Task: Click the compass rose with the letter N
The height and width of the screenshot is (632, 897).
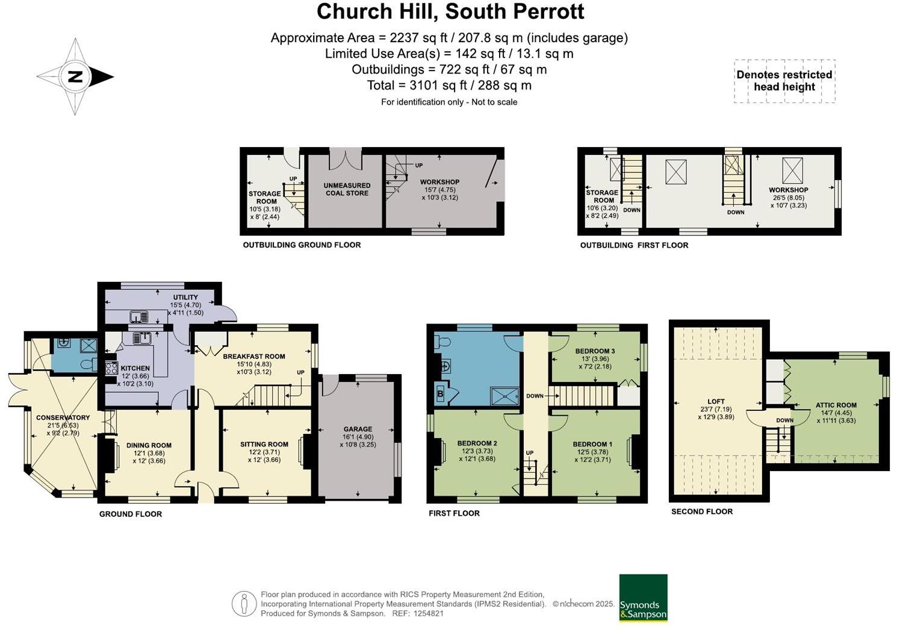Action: coord(75,77)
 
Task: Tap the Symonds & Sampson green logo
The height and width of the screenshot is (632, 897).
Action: coord(643,598)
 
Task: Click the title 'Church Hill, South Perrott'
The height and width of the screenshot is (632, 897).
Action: coord(450,12)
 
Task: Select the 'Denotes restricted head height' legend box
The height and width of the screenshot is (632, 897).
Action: coord(784,81)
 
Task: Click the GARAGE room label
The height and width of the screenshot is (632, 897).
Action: coord(358,430)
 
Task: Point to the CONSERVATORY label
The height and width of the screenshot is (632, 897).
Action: coord(63,418)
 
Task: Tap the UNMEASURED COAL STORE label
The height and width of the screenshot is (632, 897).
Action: coord(347,189)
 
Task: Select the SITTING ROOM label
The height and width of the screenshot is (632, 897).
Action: coord(264,445)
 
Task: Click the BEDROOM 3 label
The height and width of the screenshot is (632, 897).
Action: coord(595,351)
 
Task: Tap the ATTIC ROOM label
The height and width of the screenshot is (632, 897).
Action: coord(836,405)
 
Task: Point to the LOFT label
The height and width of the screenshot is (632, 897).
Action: coord(716,401)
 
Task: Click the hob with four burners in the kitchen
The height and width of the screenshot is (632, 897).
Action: coord(111,368)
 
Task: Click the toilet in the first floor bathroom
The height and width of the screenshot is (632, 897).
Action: coord(442,342)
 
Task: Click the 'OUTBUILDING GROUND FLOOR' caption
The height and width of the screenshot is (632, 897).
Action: coord(302,245)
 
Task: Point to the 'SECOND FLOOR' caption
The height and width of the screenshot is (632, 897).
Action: coord(702,512)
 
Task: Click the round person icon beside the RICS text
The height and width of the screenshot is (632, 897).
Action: coord(244,604)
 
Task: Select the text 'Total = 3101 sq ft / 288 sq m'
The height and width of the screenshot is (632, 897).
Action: coord(449,86)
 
